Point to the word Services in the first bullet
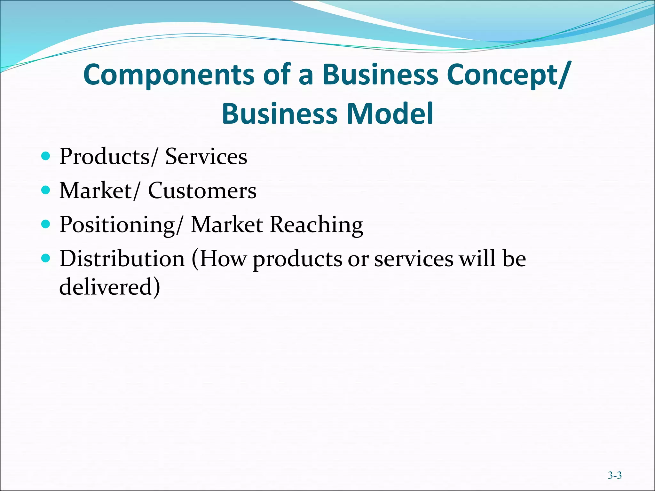tap(206, 157)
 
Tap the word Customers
tap(202, 191)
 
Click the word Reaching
tap(317, 225)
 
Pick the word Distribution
tap(122, 259)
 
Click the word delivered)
tap(110, 286)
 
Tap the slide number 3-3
tap(615, 475)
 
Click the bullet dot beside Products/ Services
tap(46, 156)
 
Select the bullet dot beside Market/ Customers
tap(46, 190)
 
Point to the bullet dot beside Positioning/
tap(46, 224)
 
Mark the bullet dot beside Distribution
tap(46, 258)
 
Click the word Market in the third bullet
tap(227, 225)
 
